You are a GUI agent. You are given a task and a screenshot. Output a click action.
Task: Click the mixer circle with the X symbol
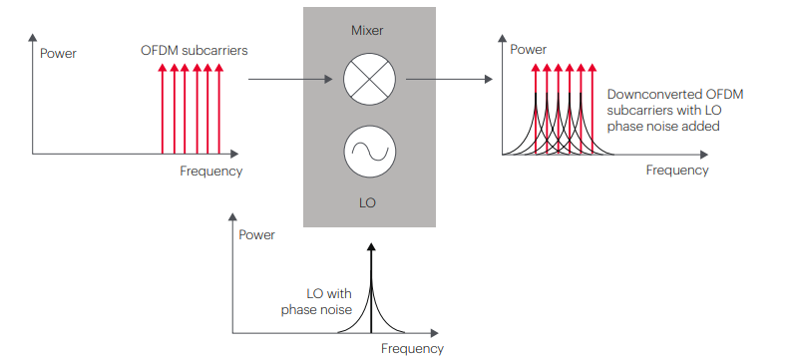pos(369,80)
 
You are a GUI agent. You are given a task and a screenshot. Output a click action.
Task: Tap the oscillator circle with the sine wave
pos(369,152)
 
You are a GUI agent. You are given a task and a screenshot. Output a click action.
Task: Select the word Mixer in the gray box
pos(367,31)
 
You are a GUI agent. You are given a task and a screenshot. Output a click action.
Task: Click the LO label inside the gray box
pos(367,202)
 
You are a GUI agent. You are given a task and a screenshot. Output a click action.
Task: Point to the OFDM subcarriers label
pos(194,51)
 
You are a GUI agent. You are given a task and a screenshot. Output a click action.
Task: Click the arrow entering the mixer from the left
pos(290,80)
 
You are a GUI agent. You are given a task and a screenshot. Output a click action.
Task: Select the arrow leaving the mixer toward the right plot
pos(450,80)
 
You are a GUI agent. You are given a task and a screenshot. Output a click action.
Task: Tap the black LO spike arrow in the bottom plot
pos(371,288)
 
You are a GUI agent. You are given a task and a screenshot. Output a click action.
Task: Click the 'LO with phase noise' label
pos(316,301)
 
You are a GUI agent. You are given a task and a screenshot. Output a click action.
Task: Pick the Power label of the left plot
pos(58,54)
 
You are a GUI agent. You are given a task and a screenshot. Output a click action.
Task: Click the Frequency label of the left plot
pos(210,171)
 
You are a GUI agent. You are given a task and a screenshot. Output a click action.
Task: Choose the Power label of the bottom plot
pos(256,235)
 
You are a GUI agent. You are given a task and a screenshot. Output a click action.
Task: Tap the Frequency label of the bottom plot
pos(412,349)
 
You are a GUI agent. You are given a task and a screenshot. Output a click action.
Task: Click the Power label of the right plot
pos(529,49)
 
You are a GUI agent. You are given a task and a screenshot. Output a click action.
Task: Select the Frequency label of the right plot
pos(677,170)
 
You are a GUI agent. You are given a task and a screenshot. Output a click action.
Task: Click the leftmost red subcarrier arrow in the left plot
pos(163,109)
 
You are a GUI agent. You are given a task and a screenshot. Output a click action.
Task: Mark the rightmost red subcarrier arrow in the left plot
pos(218,109)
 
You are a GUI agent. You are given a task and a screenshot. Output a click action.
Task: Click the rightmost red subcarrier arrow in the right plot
pos(592,109)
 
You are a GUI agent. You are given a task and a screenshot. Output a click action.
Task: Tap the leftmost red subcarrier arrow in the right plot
pos(536,109)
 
